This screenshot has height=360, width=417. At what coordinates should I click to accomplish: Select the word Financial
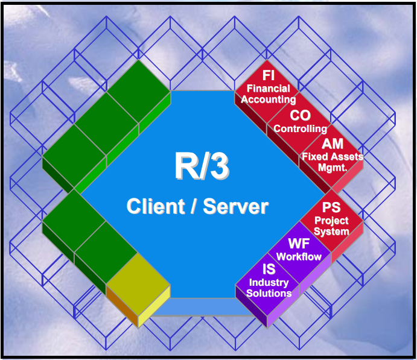click(x=268, y=89)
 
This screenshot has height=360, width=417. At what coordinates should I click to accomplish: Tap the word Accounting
click(x=269, y=99)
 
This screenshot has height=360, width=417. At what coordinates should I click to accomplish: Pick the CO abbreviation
click(x=301, y=115)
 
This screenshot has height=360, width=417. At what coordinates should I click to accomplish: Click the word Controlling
click(x=301, y=128)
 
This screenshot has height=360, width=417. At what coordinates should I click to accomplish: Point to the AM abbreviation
click(x=333, y=144)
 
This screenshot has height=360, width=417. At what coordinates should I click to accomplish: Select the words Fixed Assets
click(x=333, y=157)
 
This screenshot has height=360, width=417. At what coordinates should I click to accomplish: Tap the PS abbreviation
click(x=331, y=208)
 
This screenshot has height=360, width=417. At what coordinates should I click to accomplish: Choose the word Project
click(x=331, y=221)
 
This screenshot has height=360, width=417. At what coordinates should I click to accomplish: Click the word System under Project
click(x=331, y=232)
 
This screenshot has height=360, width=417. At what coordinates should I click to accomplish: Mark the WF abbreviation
click(x=299, y=244)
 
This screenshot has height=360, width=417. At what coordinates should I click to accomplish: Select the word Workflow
click(x=299, y=257)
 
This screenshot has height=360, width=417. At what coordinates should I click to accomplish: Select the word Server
click(x=235, y=207)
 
